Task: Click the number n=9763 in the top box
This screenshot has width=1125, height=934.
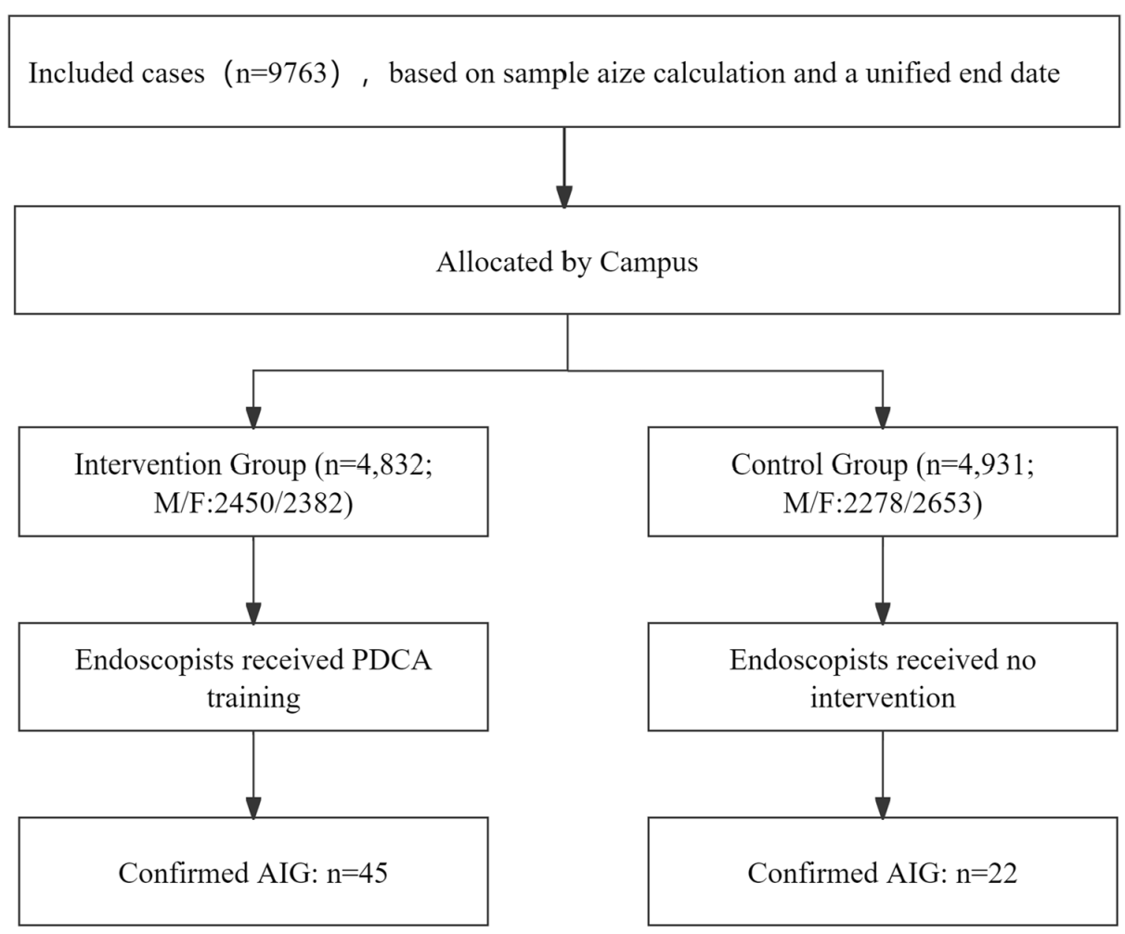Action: pos(282,73)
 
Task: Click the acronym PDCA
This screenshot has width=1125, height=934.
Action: pos(391,660)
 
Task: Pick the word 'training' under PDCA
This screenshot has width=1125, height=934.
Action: pos(253,699)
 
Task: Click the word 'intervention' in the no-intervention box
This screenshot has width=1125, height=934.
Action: pos(883,698)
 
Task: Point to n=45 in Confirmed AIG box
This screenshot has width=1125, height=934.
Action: pos(356,874)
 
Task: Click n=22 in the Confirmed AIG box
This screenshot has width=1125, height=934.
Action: pos(986,874)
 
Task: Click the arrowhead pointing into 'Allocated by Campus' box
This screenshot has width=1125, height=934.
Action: pos(564,197)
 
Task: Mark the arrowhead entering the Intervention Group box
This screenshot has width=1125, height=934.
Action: pos(253,418)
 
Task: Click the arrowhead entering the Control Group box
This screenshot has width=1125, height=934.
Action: pos(883,418)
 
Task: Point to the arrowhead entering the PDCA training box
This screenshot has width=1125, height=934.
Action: pos(253,614)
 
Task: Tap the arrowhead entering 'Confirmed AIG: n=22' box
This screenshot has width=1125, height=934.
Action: pos(883,809)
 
